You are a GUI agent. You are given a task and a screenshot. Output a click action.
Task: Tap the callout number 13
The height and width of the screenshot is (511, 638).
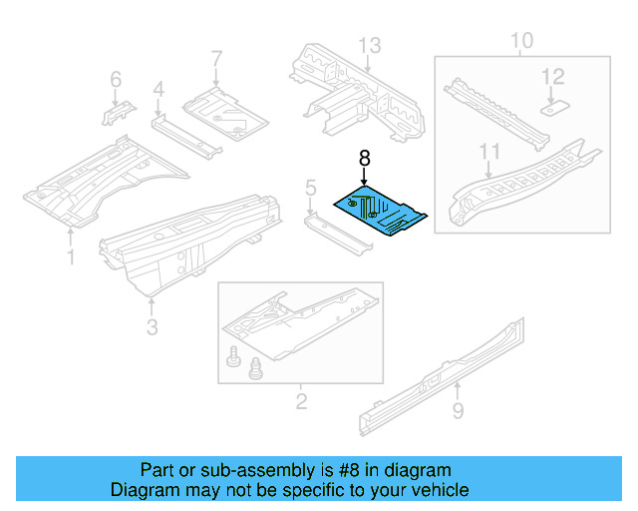pyautogui.click(x=370, y=45)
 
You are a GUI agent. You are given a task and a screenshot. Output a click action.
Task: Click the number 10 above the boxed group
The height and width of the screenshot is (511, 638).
pyautogui.click(x=521, y=41)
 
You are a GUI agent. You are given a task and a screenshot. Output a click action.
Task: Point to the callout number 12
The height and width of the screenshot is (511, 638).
pyautogui.click(x=552, y=76)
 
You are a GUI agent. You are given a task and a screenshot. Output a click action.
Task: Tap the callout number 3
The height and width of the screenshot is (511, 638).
pyautogui.click(x=151, y=326)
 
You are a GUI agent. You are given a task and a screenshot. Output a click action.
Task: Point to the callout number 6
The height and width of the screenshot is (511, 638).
pyautogui.click(x=116, y=79)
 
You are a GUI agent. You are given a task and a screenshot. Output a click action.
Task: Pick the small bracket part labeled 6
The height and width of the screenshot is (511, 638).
pyautogui.click(x=113, y=112)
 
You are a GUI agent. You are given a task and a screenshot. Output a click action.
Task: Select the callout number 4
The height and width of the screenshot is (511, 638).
pyautogui.click(x=158, y=92)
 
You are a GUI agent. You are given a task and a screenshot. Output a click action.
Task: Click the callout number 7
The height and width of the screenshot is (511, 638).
pyautogui.click(x=216, y=60)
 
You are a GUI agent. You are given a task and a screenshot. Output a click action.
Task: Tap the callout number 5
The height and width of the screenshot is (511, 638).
pyautogui.click(x=310, y=187)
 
